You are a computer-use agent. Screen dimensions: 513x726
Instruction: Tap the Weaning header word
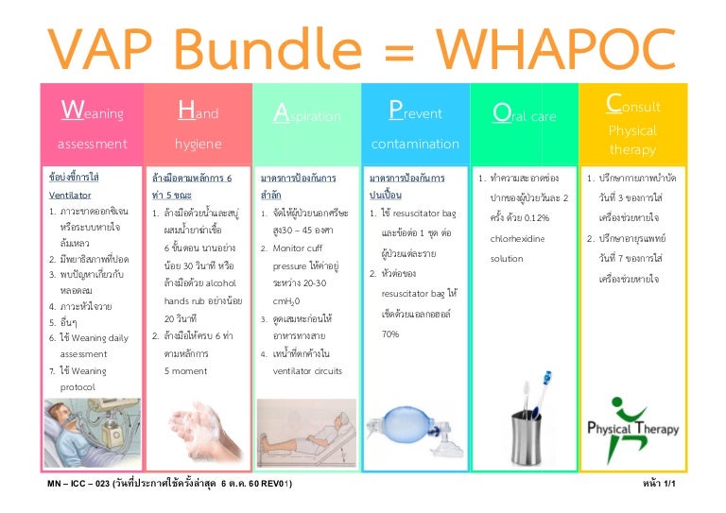(x=92, y=113)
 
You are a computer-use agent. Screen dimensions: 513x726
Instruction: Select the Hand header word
(x=199, y=113)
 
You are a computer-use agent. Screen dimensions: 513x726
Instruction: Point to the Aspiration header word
(x=306, y=115)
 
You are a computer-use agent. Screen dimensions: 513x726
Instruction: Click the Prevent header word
(x=415, y=113)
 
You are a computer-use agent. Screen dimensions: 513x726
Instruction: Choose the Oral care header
(x=525, y=115)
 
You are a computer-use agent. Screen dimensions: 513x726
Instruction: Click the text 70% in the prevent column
(x=389, y=333)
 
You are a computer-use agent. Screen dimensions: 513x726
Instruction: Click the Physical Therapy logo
(x=632, y=420)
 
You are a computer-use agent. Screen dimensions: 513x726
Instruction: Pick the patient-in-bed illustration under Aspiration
(x=306, y=421)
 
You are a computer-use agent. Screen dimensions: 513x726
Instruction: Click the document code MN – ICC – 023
(x=80, y=484)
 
